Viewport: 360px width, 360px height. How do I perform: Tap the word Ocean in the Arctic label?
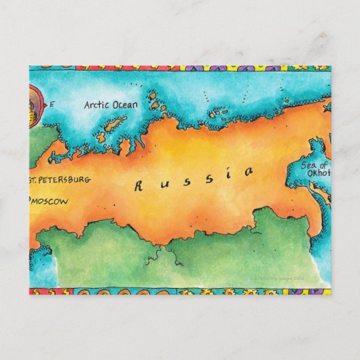124,105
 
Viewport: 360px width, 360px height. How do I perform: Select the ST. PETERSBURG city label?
59,180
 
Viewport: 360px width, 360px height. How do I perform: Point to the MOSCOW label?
51,201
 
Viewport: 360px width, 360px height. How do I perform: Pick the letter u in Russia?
162,183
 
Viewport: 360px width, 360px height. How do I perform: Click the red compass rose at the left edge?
34,105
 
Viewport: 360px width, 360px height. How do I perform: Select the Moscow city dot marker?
31,201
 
